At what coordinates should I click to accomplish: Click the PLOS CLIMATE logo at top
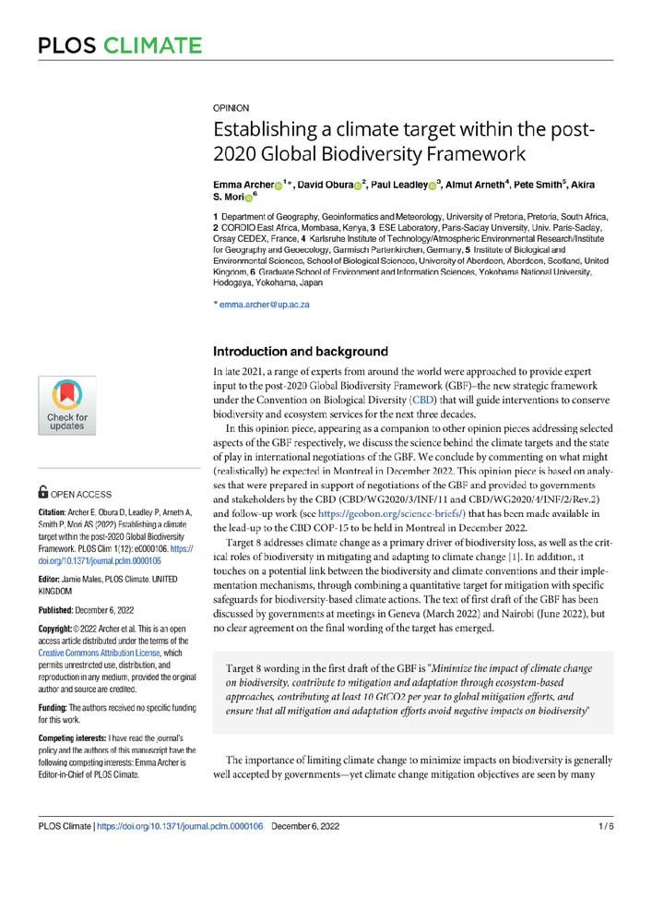coord(119,45)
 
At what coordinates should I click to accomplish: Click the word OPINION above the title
coord(231,108)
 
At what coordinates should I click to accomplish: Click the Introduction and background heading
coord(301,352)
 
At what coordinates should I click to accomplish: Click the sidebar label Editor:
coord(53,577)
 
